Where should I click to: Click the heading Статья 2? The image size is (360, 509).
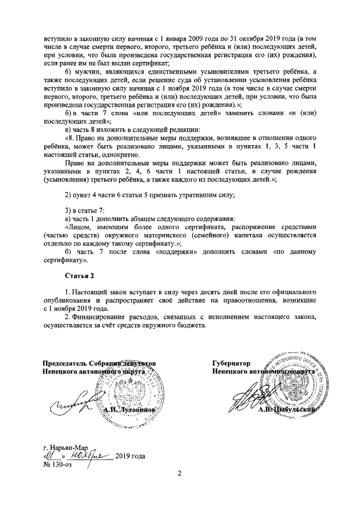(x=82, y=276)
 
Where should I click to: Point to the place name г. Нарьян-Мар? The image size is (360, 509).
(x=67, y=448)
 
